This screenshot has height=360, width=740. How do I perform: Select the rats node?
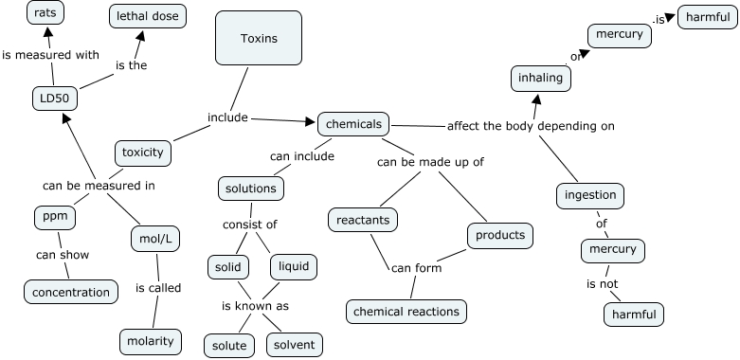pos(44,13)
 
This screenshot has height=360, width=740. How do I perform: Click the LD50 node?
pos(53,99)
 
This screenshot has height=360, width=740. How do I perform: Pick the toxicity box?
pos(143,152)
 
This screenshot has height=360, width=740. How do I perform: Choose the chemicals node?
pos(353,124)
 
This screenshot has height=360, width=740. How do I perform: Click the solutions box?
pos(250,189)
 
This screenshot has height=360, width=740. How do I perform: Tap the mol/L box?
pos(154,240)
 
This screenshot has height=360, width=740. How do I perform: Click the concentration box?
pos(71,293)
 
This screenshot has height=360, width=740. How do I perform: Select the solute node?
pos(229,346)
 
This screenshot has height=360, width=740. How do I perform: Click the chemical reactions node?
pos(406,311)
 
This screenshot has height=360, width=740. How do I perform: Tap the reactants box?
pos(364,221)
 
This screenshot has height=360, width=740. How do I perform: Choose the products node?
pos(499,235)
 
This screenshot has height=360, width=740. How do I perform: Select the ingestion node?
pos(589,196)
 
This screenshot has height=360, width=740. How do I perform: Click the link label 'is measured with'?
pos(50,55)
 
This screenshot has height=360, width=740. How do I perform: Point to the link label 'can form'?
pos(415,268)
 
